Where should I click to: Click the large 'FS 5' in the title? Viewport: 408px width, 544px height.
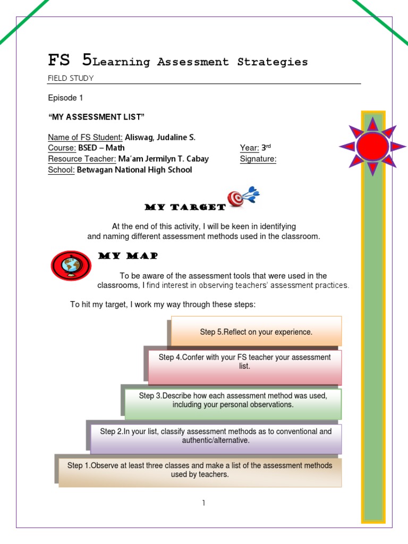[x=70, y=60]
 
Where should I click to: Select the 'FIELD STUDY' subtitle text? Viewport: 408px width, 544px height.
[x=71, y=78]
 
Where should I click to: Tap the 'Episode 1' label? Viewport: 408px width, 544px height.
[x=65, y=98]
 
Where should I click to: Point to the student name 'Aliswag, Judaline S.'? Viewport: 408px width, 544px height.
[x=160, y=137]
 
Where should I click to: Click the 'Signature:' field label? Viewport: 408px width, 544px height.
[x=258, y=159]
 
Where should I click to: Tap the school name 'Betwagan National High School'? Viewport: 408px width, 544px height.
[x=134, y=170]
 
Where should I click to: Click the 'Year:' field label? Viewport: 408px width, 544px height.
[x=249, y=148]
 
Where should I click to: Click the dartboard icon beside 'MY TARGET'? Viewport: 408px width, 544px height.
[x=242, y=197]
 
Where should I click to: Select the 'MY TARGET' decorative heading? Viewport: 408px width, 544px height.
[x=185, y=207]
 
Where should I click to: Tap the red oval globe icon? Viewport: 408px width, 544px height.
[x=71, y=265]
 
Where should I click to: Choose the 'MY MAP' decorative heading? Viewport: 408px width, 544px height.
[x=128, y=256]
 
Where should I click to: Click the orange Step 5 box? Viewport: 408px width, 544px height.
[x=256, y=331]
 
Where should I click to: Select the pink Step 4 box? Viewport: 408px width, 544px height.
[x=244, y=366]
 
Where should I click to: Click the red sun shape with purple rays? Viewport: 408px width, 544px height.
[x=372, y=147]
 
